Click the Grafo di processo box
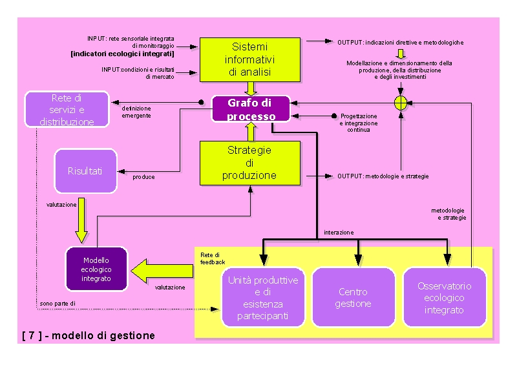tap(251, 109)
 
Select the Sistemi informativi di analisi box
tap(250, 59)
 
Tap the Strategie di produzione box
tap(250, 163)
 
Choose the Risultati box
tap(85, 171)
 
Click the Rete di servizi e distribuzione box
tap(67, 109)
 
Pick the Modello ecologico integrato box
tap(96, 269)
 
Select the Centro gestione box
tap(353, 297)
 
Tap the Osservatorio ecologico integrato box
tap(445, 297)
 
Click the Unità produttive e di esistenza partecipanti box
tap(263, 297)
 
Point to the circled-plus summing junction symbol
tap(401, 103)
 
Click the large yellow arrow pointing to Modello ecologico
tap(162, 271)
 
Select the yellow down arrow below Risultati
tap(81, 220)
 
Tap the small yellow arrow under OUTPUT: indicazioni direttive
tap(401, 54)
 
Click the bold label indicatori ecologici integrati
tap(122, 54)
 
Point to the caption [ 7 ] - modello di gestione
tap(89, 336)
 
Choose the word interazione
tap(339, 233)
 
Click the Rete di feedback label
tap(213, 258)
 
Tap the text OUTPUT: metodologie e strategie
tap(383, 176)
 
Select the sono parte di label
tap(58, 304)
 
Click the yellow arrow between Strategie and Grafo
tap(251, 132)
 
